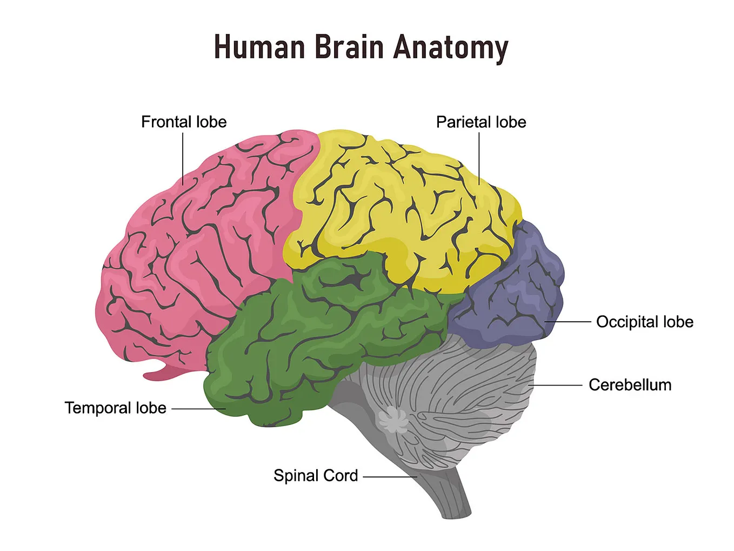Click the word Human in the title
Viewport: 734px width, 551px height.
[x=259, y=47]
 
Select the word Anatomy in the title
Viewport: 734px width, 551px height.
[x=450, y=47]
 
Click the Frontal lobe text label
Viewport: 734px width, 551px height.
[x=184, y=122]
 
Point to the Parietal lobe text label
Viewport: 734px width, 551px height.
[x=481, y=122]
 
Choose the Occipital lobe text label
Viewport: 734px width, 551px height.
[x=644, y=322]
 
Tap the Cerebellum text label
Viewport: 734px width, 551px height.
[x=630, y=385]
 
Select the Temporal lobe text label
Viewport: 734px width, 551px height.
[x=115, y=408]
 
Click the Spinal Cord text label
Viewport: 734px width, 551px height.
[x=316, y=476]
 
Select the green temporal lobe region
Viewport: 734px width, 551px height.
[x=303, y=346]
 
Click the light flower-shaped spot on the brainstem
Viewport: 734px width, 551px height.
[x=393, y=419]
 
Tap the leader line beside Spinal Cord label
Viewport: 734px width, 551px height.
[x=389, y=477]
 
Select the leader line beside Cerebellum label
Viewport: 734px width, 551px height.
[x=557, y=385]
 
